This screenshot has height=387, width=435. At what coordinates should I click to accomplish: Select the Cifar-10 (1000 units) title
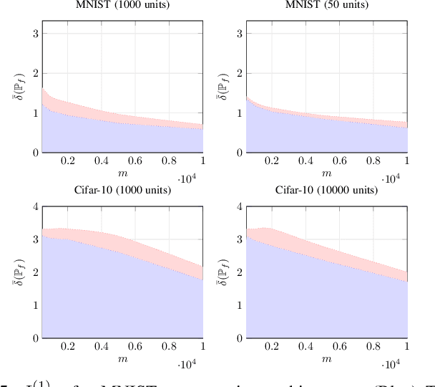pos(122,191)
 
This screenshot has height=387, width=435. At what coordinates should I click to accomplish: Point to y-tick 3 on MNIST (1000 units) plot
pos(34,34)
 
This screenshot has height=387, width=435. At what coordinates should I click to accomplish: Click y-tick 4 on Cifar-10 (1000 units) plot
pos(34,207)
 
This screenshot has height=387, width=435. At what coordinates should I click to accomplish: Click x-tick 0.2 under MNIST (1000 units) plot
pos(68,162)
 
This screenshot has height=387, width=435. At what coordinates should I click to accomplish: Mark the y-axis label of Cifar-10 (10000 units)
pos(224,272)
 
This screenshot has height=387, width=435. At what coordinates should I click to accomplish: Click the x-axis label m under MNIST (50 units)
pos(326,173)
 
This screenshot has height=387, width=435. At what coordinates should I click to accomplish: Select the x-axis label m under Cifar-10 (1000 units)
pos(122,358)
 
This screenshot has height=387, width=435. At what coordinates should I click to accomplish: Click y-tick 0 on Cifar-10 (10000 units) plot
pos(238,338)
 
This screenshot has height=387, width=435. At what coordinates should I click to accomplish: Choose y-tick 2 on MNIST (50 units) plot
pos(238,73)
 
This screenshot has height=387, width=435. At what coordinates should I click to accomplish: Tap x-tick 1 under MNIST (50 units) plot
pos(406,162)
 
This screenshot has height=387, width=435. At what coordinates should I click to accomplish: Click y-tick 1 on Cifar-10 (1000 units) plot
pos(34,305)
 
